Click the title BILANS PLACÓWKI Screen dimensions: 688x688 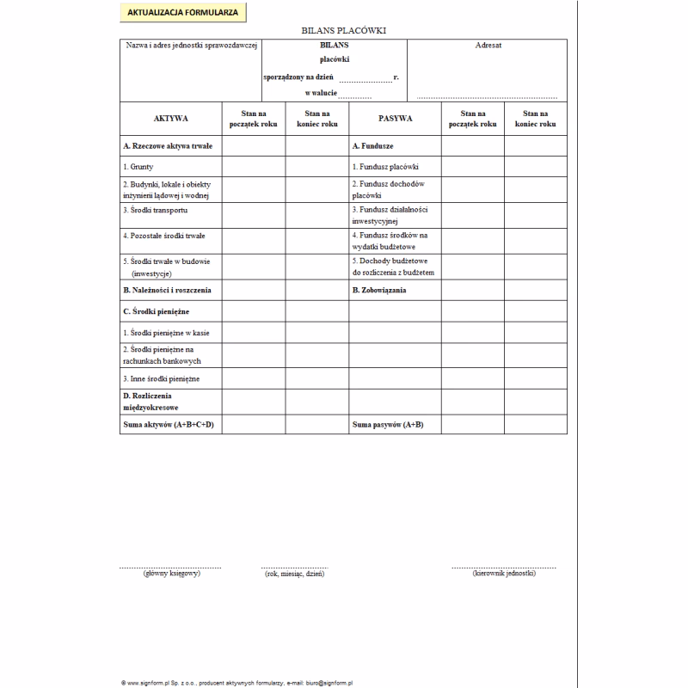(x=343, y=30)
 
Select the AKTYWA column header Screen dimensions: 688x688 (x=170, y=119)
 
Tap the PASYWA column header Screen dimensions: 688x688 (x=395, y=119)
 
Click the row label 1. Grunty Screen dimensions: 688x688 (x=138, y=167)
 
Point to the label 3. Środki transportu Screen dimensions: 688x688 (x=155, y=210)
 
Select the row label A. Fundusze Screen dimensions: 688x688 (x=373, y=146)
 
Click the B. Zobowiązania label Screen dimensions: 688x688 (x=379, y=290)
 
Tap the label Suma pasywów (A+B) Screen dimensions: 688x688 (x=388, y=425)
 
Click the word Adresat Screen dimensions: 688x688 (x=488, y=46)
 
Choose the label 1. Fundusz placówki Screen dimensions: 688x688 (x=385, y=167)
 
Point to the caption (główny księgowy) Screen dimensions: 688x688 (x=172, y=574)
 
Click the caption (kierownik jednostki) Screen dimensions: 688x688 (x=505, y=574)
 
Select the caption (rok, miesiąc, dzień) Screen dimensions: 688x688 (x=295, y=574)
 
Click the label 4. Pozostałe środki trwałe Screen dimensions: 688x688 (x=164, y=235)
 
